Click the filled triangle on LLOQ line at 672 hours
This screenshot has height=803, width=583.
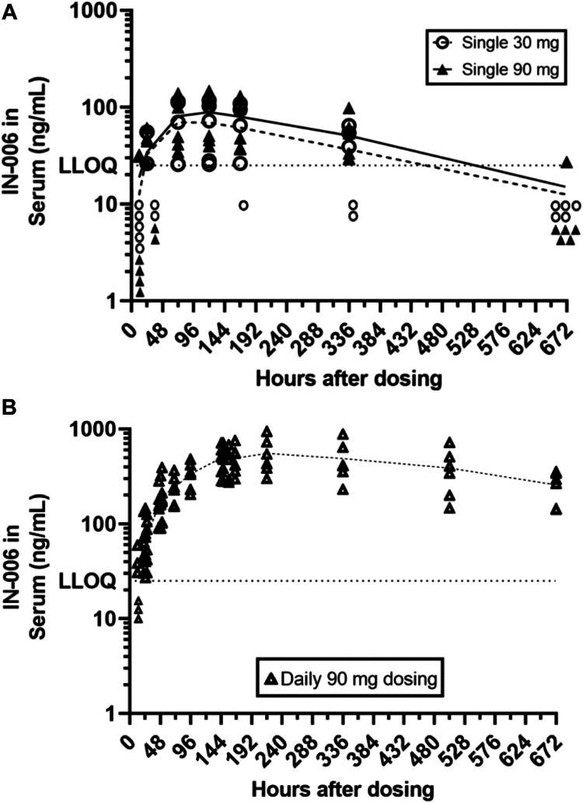coord(567,163)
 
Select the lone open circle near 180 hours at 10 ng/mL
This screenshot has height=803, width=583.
coord(243,205)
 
